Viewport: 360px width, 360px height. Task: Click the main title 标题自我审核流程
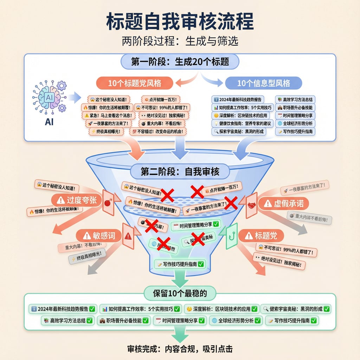[x=180, y=22]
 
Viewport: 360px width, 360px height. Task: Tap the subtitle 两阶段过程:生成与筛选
[x=180, y=41]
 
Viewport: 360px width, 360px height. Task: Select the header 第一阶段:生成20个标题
[x=180, y=62]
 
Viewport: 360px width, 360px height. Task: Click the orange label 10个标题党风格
[x=135, y=83]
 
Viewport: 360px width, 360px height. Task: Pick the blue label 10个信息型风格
[x=263, y=83]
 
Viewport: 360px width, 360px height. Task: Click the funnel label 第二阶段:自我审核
[x=180, y=172]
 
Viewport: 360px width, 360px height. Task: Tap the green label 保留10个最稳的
[x=180, y=293]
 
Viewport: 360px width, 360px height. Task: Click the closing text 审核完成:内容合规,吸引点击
[x=180, y=349]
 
